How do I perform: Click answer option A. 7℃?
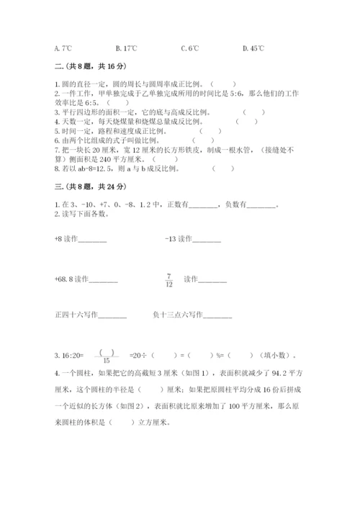(x=63, y=48)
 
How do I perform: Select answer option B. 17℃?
(x=126, y=48)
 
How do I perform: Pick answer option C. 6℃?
(x=191, y=48)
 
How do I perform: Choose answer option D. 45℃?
(x=254, y=48)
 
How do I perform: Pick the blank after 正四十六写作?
(x=111, y=314)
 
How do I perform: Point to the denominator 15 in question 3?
(x=107, y=360)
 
